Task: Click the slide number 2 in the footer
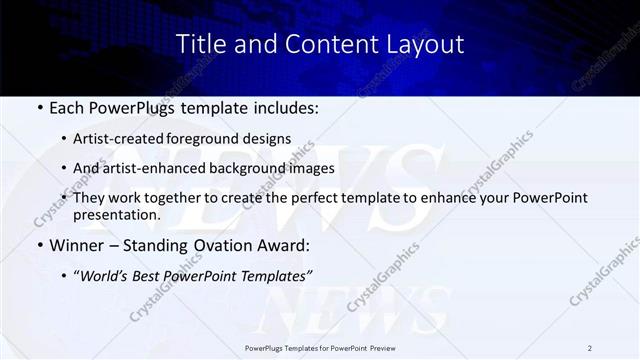coord(590,348)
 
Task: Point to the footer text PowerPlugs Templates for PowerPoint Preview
coord(320,348)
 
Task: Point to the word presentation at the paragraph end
coord(116,214)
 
